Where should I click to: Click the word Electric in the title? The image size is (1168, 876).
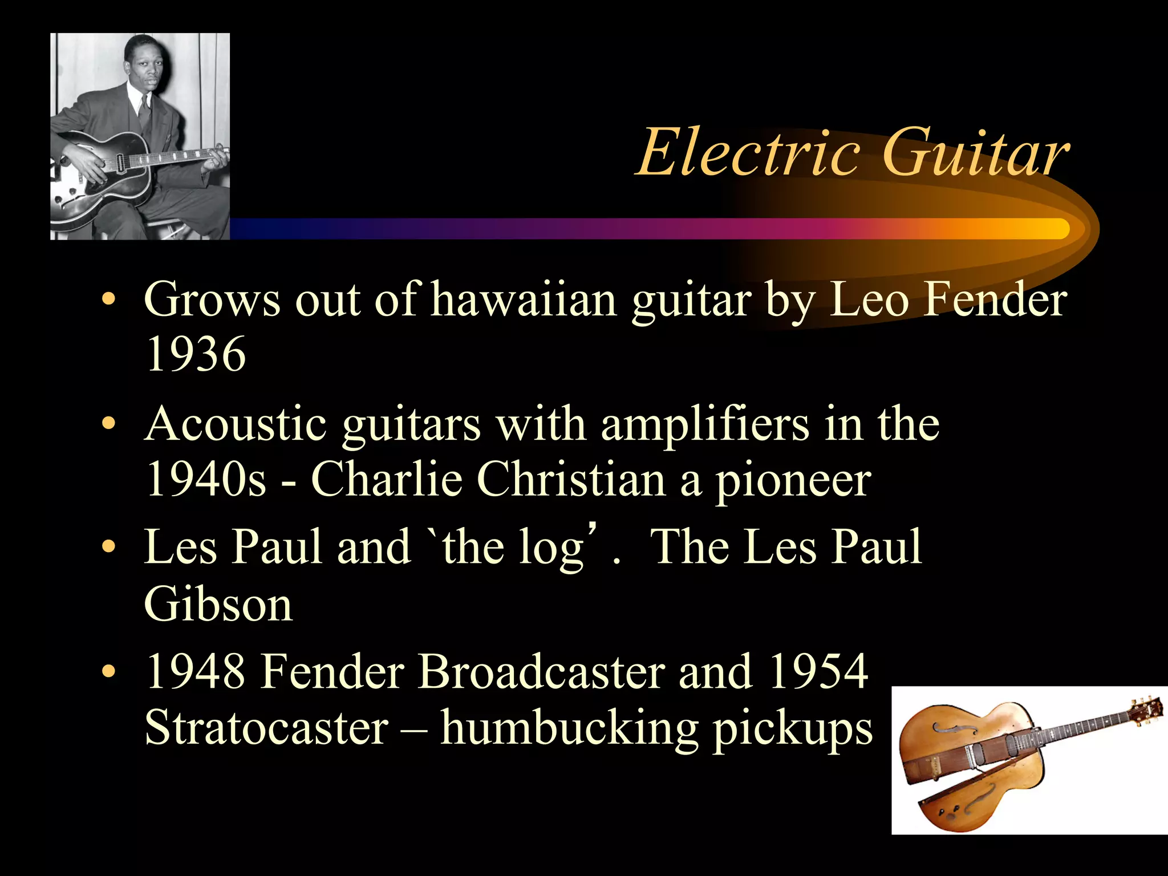coord(747,153)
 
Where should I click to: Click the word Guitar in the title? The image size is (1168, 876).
coord(975,153)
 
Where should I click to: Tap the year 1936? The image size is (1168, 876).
coord(196,354)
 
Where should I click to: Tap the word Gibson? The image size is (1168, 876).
coord(218,605)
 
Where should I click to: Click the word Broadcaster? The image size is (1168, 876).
coord(541,671)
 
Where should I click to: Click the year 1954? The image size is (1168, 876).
coord(818,671)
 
